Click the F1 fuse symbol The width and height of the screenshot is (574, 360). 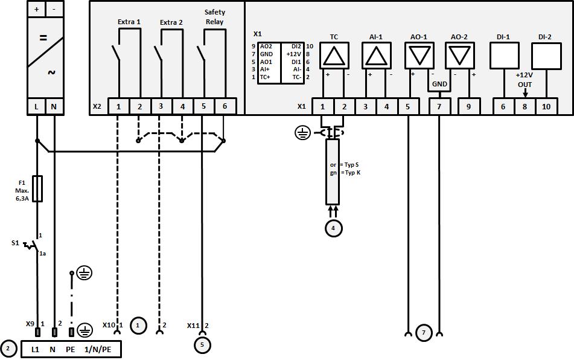[x=37, y=188]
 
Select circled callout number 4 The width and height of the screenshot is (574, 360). [x=333, y=228]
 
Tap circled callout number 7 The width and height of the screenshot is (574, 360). [x=424, y=333]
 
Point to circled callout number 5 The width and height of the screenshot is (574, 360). [x=203, y=346]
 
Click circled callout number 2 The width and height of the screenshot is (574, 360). [x=8, y=349]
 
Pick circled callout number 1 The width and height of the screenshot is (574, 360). [x=138, y=325]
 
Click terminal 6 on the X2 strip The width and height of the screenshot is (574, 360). [x=225, y=106]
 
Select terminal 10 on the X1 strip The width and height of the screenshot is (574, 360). [x=546, y=106]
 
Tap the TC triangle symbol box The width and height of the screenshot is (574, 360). [x=334, y=57]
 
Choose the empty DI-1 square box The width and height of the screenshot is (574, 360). [x=503, y=57]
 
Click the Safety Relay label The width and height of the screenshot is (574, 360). [x=214, y=17]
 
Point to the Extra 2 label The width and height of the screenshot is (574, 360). [x=171, y=22]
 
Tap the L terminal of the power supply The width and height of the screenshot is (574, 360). [x=37, y=107]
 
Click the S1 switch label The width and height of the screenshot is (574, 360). [x=15, y=243]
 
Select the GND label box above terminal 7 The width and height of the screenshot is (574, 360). [x=439, y=84]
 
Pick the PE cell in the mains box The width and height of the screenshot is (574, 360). [x=70, y=349]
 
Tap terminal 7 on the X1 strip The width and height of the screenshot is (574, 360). [x=439, y=106]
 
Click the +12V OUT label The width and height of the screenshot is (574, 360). [x=525, y=80]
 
